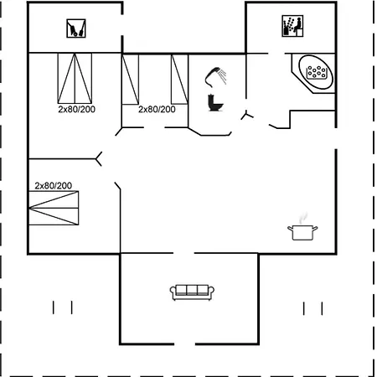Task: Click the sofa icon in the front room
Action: (193, 291)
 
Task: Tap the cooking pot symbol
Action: (302, 232)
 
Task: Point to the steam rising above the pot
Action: (303, 217)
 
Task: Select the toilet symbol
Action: (215, 102)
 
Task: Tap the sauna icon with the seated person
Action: (291, 27)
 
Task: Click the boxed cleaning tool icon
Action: (76, 29)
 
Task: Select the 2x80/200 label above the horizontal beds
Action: (53, 185)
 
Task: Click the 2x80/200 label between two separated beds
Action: (157, 109)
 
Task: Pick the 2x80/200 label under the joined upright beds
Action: (76, 109)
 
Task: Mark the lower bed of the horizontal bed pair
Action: (57, 215)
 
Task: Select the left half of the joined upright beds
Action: (66, 77)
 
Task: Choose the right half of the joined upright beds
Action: (85, 77)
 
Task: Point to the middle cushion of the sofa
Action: (193, 290)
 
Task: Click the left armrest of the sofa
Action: (173, 292)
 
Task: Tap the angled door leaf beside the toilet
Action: (247, 115)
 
